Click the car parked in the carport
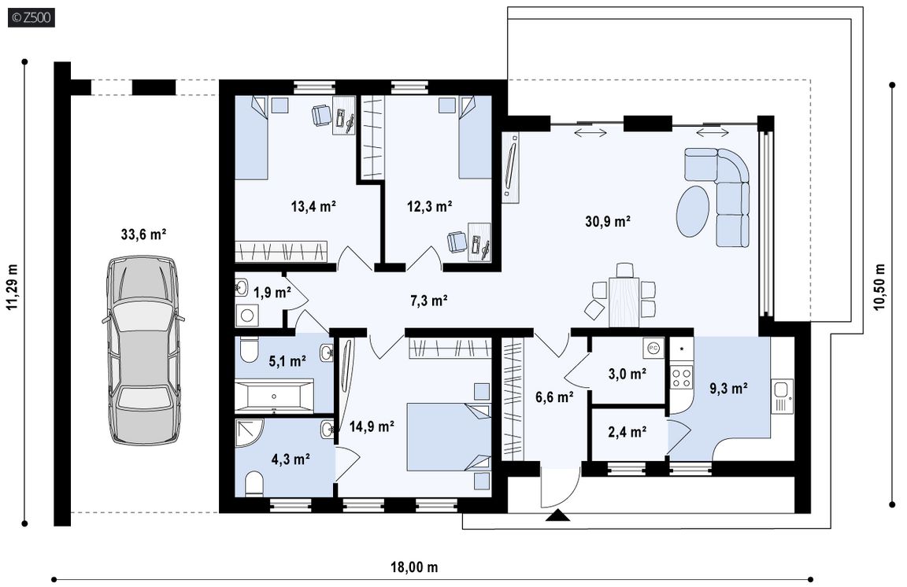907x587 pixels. tap(143, 350)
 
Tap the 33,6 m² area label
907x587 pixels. tap(143, 234)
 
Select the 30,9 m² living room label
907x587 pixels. tap(607, 221)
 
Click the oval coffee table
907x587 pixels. tap(692, 211)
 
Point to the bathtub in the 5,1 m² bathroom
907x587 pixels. tap(274, 396)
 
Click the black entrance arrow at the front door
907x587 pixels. tap(557, 515)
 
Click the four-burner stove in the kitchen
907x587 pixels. tap(681, 377)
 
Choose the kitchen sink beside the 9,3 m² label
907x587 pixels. tap(782, 397)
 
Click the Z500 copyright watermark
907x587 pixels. tap(31, 18)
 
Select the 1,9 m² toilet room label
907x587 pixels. tap(272, 293)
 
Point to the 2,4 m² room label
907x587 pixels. tap(627, 431)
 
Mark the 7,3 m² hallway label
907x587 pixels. tap(428, 301)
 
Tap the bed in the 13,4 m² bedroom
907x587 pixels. tap(251, 138)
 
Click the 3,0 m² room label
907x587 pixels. tap(627, 374)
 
